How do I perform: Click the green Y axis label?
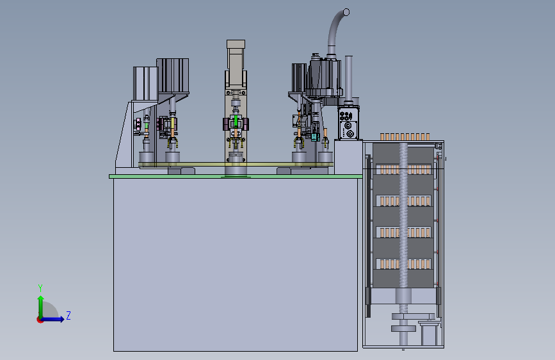pos(40,288)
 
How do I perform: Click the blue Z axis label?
pos(68,315)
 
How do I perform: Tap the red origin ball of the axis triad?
pos(40,320)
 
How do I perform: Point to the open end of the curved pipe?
pos(346,12)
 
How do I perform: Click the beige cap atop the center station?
pos(236,44)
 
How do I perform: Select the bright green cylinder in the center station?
pos(236,122)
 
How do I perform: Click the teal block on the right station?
pos(314,136)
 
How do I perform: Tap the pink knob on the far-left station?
pos(137,124)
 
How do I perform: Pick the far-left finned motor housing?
pos(145,84)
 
